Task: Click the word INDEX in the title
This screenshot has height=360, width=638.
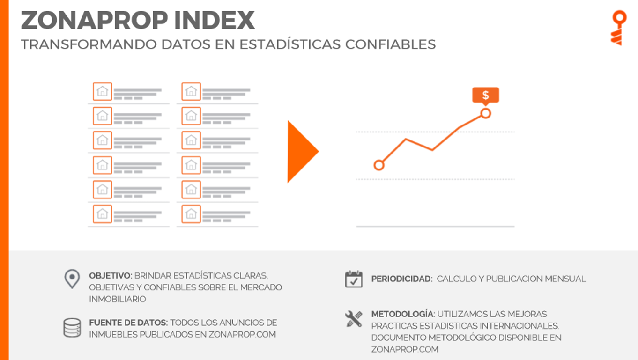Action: tap(215, 20)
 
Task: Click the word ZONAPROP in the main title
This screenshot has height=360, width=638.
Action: tap(94, 20)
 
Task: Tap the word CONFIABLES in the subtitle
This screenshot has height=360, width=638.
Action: tap(390, 44)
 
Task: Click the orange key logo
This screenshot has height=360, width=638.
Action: tap(619, 28)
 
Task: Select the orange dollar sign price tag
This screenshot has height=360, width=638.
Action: tap(486, 96)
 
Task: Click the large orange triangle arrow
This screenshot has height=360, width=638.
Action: tap(303, 151)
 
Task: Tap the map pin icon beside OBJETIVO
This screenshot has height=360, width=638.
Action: tap(72, 279)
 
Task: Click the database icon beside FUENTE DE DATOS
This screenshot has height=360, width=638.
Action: tap(72, 328)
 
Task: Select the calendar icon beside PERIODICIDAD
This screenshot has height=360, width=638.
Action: tap(354, 279)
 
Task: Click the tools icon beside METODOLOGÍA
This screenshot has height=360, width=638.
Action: tap(354, 319)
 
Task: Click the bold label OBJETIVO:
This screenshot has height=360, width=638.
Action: tap(111, 275)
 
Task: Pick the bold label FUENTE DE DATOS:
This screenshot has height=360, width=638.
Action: tap(128, 323)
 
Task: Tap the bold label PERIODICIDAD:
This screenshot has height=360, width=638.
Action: tap(402, 279)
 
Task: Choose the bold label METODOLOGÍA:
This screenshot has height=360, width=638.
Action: tap(403, 314)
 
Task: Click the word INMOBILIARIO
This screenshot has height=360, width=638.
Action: tap(118, 299)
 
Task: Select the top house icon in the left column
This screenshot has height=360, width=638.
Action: tap(102, 92)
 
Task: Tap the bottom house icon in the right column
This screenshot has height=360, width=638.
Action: tap(191, 214)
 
